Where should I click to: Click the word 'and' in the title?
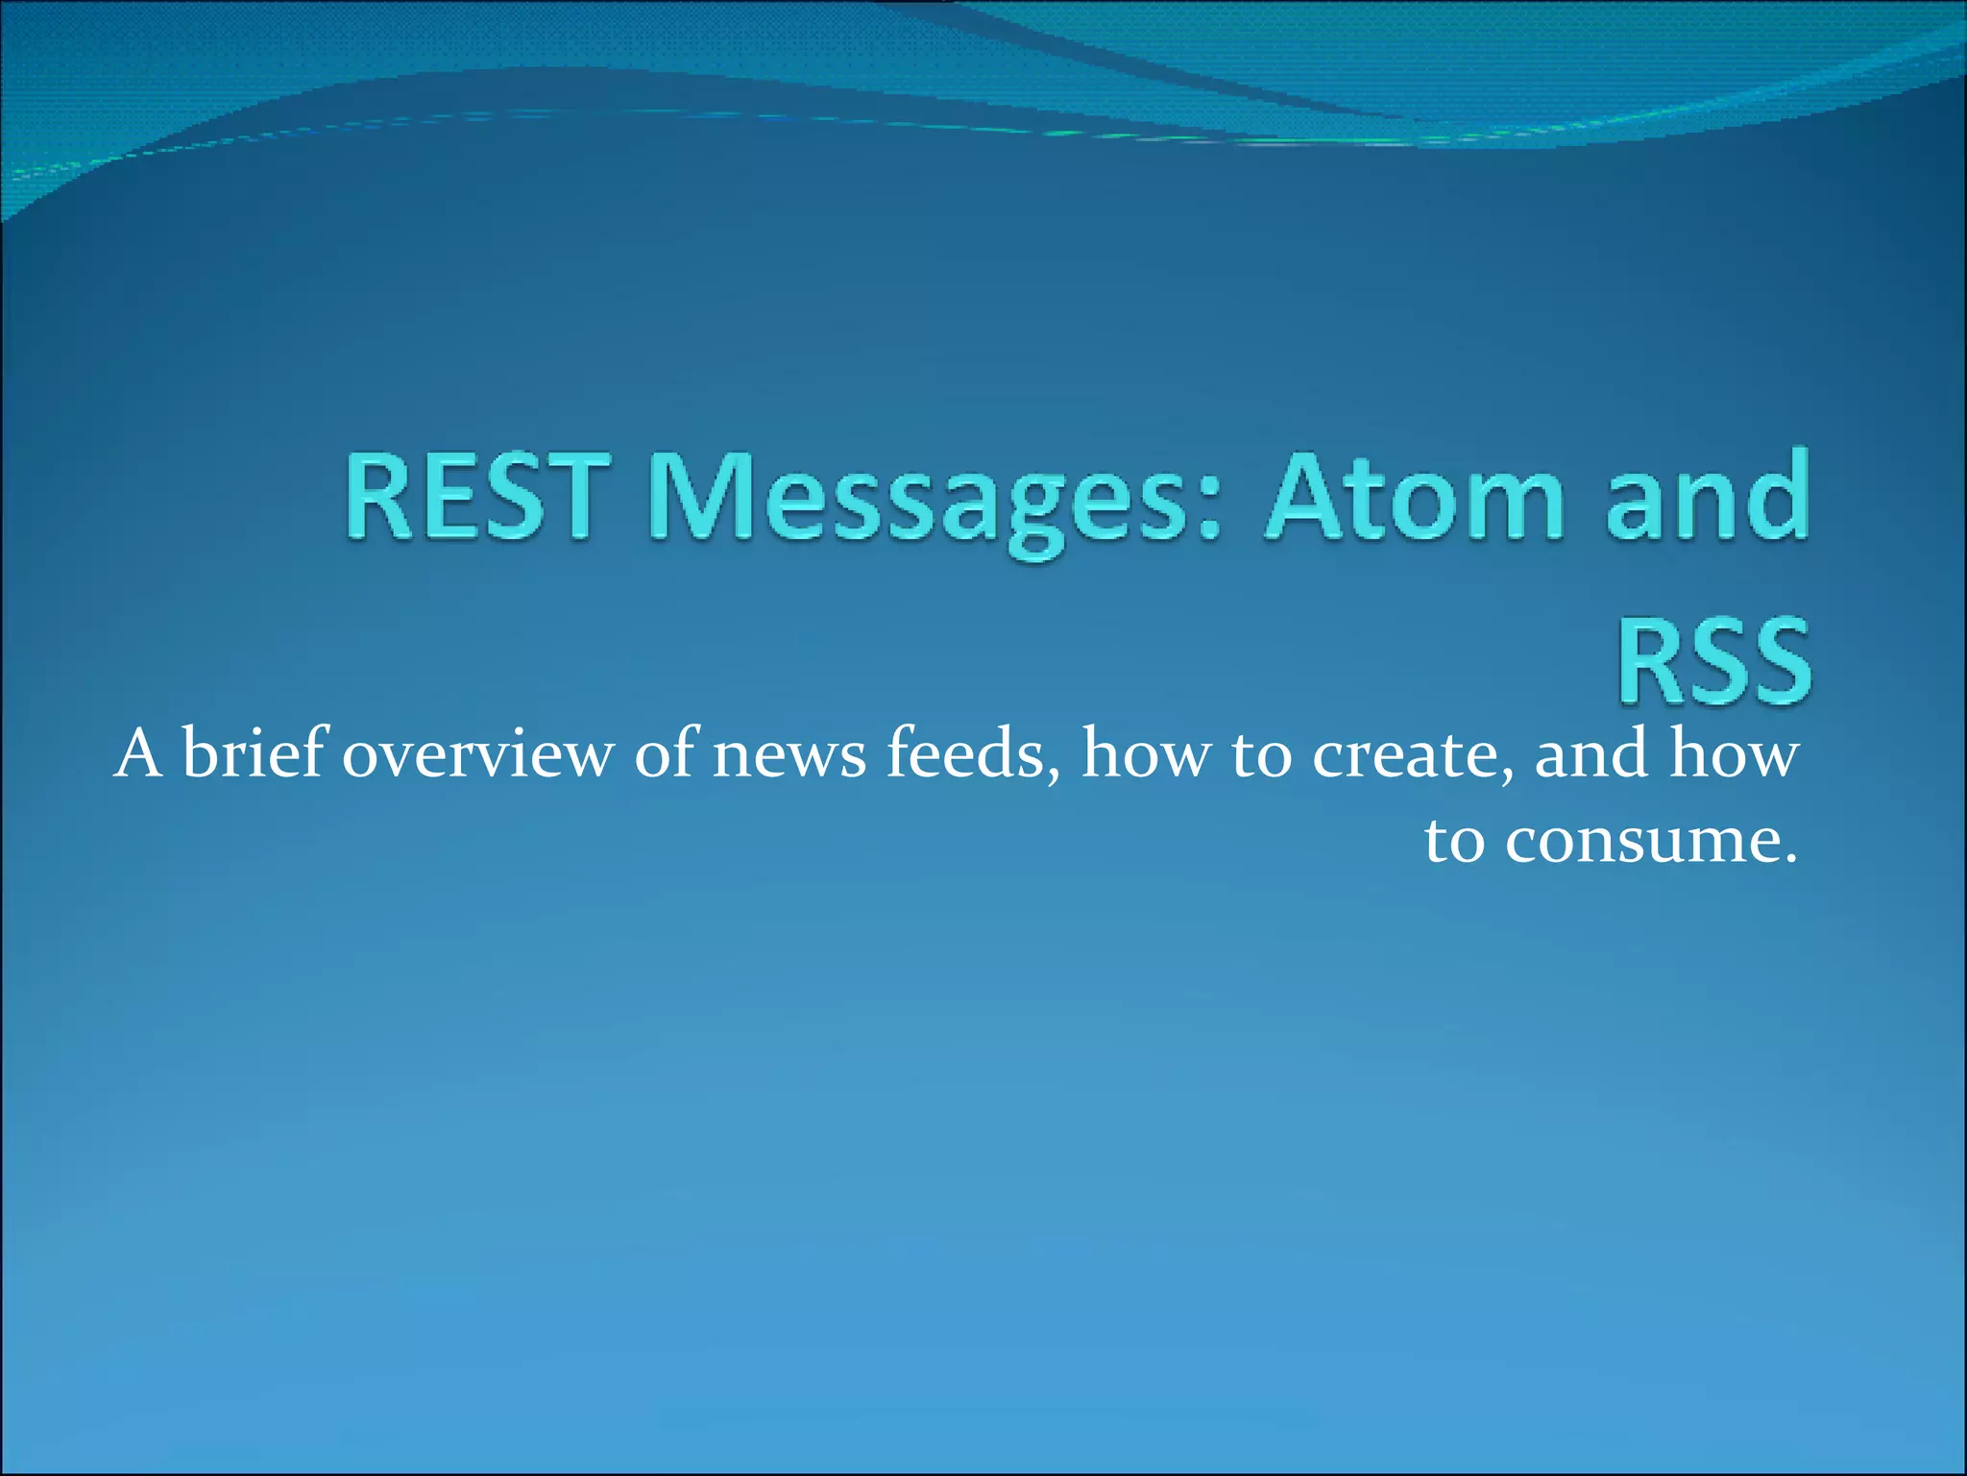[x=1709, y=498]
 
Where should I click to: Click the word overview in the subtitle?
[x=476, y=755]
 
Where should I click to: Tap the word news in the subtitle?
[x=789, y=755]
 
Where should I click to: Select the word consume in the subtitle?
[x=1639, y=842]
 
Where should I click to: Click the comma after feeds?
[x=1056, y=775]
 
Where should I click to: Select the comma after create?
[x=1509, y=775]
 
